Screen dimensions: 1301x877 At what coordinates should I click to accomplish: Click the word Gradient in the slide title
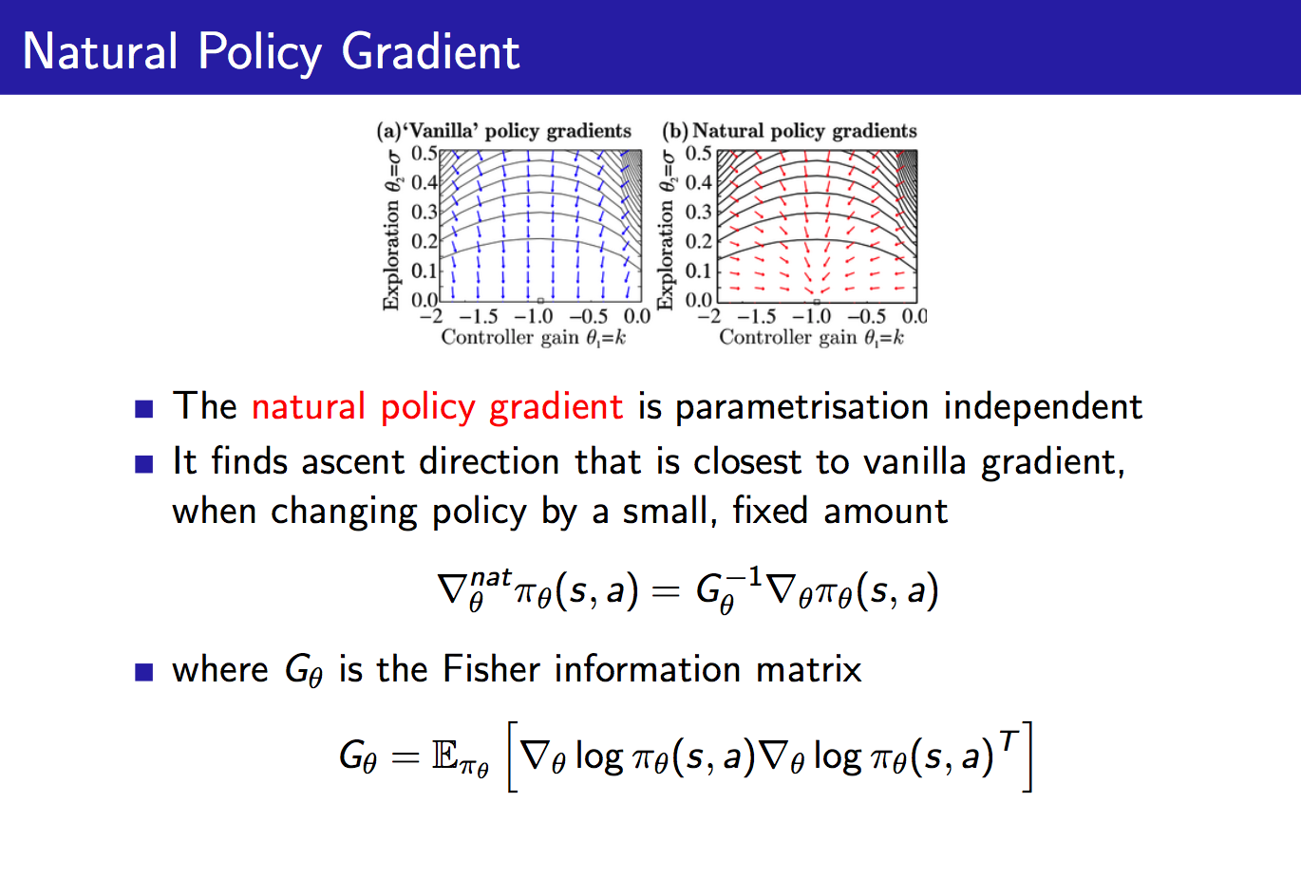coord(430,52)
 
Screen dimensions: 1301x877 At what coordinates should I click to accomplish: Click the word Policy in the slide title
coord(259,53)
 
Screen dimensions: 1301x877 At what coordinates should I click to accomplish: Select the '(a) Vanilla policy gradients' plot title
coord(503,131)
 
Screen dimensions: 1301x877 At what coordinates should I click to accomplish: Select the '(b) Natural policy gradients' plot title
coord(789,131)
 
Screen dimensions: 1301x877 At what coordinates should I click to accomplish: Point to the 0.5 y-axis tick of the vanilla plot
coord(424,153)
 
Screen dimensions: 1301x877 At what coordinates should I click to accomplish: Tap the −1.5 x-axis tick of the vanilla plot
coord(479,316)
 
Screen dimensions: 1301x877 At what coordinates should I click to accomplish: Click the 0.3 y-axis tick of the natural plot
coord(698,212)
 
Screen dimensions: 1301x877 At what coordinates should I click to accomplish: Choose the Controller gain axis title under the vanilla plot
coord(533,338)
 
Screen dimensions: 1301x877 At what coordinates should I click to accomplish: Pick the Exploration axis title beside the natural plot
coord(667,231)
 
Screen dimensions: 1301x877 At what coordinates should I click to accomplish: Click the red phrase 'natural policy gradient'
coord(438,407)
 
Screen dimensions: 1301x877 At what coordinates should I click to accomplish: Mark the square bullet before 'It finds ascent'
coord(143,464)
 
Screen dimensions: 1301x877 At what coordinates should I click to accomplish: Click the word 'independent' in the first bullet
coord(1043,407)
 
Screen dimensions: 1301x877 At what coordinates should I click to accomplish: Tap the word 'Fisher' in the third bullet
coord(491,669)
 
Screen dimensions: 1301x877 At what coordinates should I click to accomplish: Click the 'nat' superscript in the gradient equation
coord(491,578)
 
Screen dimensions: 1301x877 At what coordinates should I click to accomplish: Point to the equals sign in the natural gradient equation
coord(666,591)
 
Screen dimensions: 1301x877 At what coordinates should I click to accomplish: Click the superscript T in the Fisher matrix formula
coord(1009,741)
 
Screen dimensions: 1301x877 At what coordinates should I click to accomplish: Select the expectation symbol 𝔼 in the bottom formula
coord(444,756)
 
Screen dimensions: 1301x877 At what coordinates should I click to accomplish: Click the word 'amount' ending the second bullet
coord(885,512)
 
